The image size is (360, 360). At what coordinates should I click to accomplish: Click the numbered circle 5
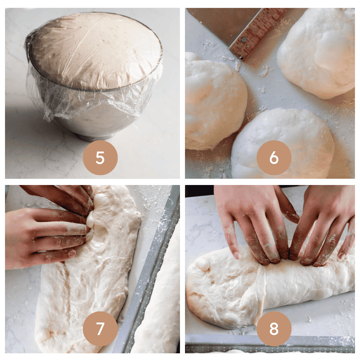[100, 158]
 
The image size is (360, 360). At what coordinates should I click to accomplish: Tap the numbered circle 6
[274, 158]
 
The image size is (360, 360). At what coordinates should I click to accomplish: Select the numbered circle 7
[100, 329]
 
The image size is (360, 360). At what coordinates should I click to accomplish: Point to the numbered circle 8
[274, 329]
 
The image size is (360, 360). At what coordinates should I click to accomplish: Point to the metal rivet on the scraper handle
[244, 40]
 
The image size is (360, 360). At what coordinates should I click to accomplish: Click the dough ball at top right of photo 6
[317, 53]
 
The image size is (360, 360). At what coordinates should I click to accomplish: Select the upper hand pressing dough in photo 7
[62, 197]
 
